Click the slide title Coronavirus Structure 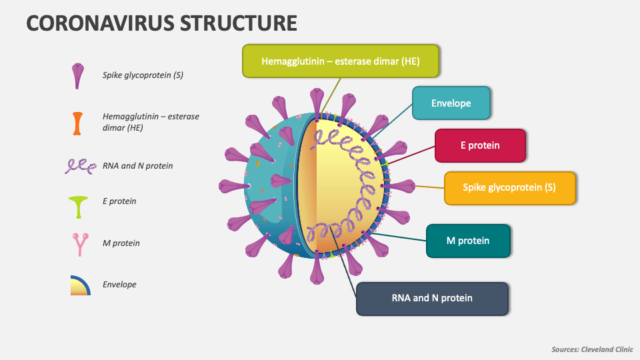(x=161, y=23)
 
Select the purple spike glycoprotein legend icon (x=78, y=76)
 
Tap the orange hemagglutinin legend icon (x=78, y=123)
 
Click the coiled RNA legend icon (x=79, y=166)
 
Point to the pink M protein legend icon (x=79, y=244)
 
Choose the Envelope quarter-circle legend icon (x=80, y=285)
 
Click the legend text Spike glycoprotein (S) (x=143, y=75)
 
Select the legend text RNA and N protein (x=137, y=165)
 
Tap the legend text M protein (x=121, y=243)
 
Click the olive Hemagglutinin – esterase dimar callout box (x=340, y=61)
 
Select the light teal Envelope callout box (x=451, y=103)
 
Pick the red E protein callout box (x=479, y=145)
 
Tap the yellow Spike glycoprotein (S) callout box (x=509, y=187)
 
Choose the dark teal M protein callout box (x=467, y=241)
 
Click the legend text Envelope (x=119, y=285)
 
